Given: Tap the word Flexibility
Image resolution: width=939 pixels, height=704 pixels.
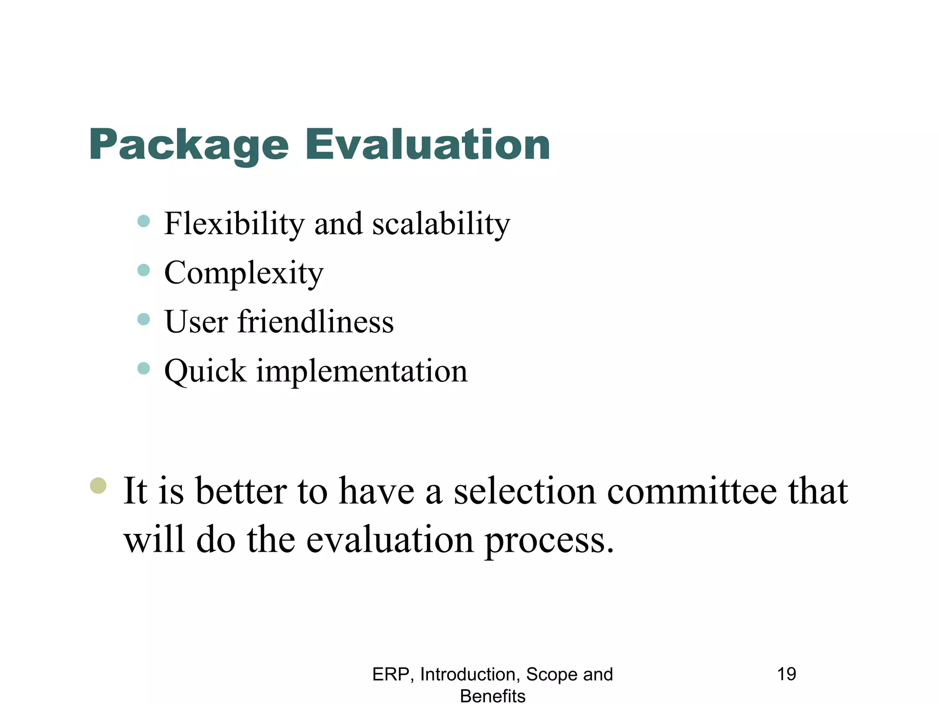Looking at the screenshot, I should point(234,224).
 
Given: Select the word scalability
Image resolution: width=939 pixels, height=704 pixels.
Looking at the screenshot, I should point(441,224).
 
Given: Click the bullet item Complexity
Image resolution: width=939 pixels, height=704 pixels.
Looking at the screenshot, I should point(243,274).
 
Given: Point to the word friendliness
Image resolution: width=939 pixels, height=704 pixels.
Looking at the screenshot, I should point(315,322).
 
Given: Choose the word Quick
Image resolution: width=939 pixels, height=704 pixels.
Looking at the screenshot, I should point(205,371).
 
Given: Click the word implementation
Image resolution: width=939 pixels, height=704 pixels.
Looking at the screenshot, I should point(362,371).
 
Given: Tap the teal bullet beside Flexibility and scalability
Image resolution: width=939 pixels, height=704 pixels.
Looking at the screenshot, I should point(144,221).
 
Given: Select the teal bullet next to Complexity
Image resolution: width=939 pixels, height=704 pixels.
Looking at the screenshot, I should point(144,270).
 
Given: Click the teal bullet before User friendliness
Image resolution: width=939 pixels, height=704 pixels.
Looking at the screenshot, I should point(144,319).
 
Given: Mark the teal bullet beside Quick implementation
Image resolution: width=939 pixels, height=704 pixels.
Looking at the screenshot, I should point(144,368).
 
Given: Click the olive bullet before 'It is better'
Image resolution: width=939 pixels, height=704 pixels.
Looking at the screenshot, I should point(98,485).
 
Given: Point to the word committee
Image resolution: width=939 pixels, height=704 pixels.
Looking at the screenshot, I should point(692,492).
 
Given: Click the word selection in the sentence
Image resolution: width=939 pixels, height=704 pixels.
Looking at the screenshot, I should point(525,492).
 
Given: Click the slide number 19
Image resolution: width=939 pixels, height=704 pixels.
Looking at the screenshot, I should point(786,674).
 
